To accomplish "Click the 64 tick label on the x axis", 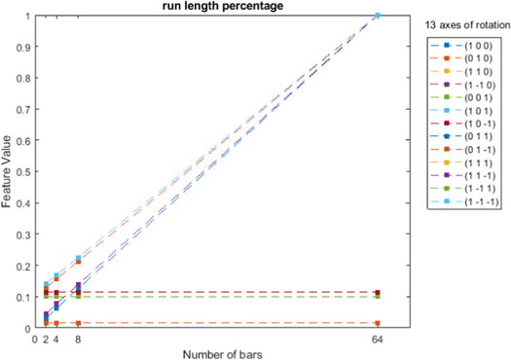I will pos(377,339).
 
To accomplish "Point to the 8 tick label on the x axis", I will pos(78,339).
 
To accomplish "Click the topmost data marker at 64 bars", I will pos(377,16).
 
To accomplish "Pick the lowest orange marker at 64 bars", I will pos(377,323).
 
